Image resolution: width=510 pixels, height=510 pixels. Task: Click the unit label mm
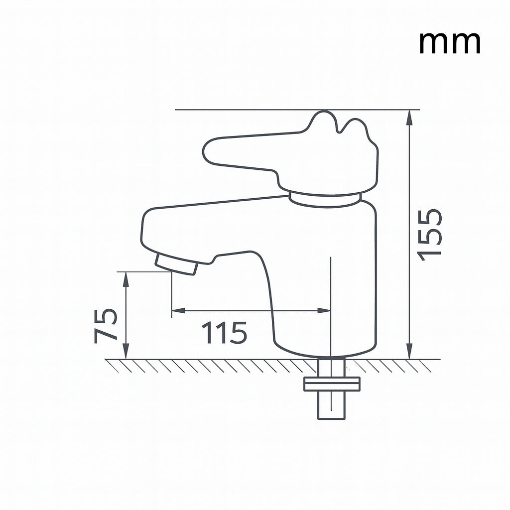449,43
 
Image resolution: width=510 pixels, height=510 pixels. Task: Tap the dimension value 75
106,326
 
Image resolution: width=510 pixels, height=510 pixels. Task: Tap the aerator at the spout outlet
176,264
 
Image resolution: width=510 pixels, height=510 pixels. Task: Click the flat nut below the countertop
332,384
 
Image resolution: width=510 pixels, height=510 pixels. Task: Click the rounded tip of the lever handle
212,152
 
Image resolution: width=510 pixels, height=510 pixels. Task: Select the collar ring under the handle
325,200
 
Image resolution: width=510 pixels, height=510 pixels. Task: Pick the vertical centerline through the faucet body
331,299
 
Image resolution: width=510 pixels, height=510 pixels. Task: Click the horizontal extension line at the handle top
249,109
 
